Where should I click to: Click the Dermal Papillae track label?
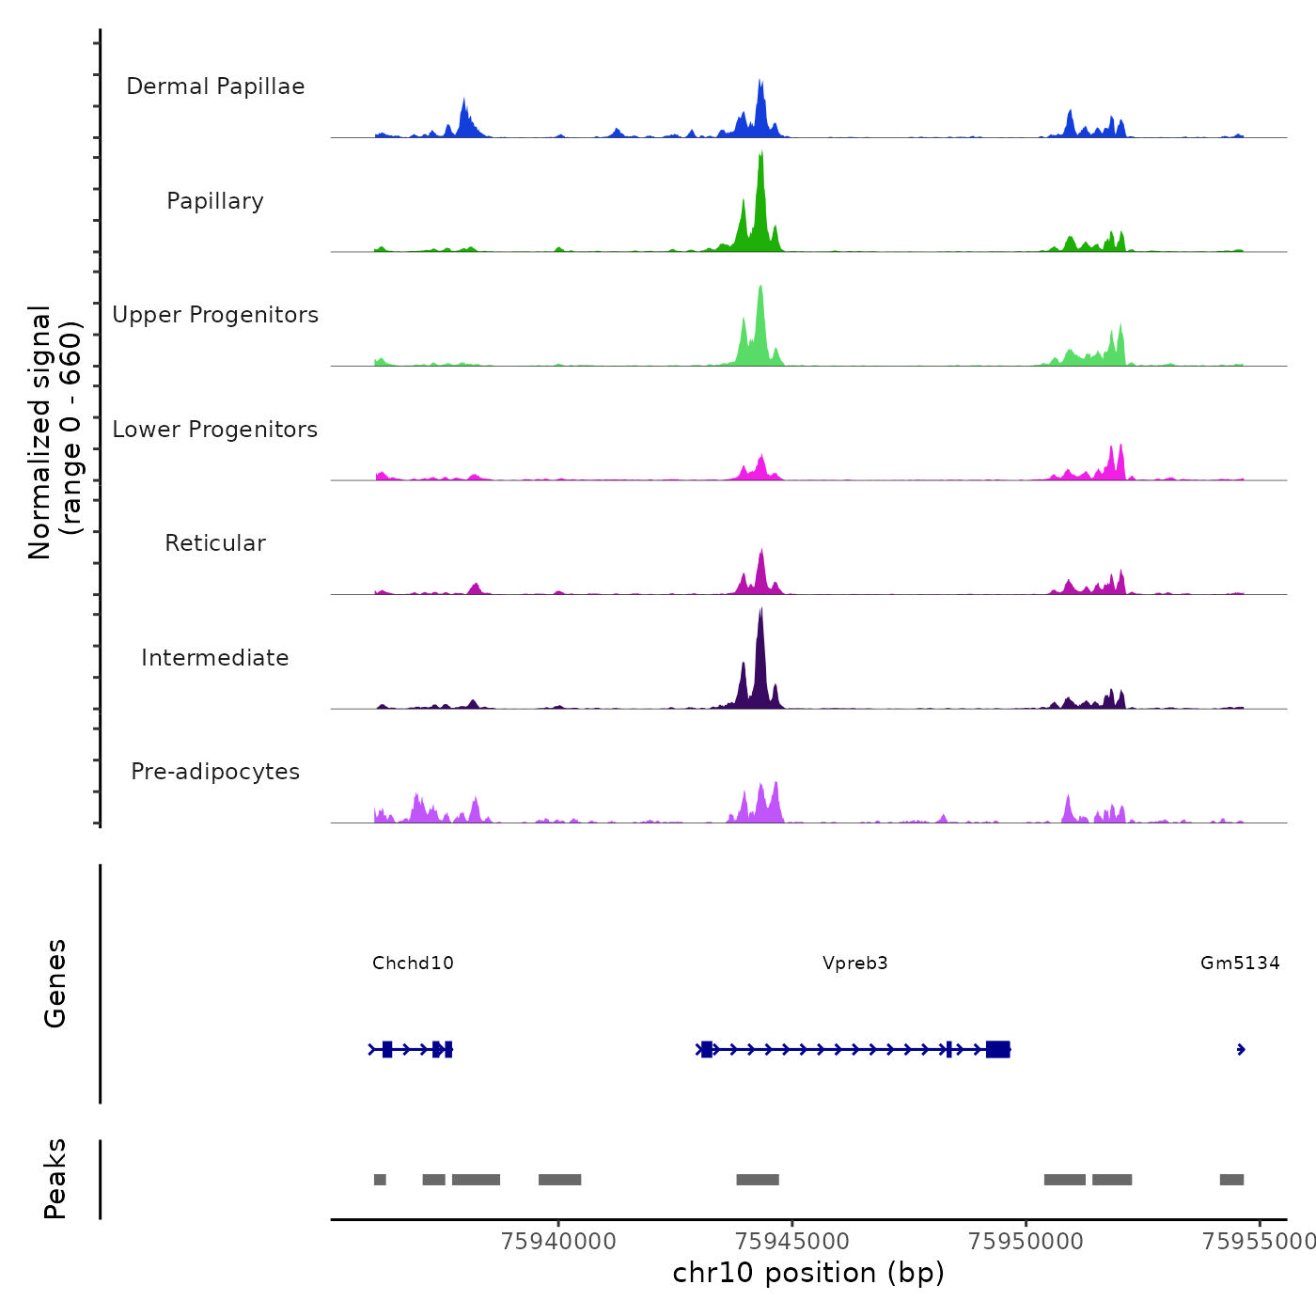[215, 86]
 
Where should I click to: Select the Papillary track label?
[215, 201]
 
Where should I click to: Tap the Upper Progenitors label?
[215, 315]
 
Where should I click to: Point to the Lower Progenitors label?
[215, 430]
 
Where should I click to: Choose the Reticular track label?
[215, 543]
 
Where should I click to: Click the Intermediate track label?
[215, 658]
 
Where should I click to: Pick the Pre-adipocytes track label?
[215, 772]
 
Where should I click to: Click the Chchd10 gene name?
[413, 963]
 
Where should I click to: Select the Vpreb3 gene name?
[854, 963]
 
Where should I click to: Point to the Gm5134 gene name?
[1240, 963]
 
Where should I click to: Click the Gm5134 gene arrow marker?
[1241, 1049]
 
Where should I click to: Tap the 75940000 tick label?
[558, 1242]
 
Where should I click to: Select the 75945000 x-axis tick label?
[792, 1242]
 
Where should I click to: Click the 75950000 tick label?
[1026, 1242]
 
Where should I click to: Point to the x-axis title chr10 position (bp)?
[808, 1273]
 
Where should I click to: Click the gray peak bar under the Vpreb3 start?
[758, 1180]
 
